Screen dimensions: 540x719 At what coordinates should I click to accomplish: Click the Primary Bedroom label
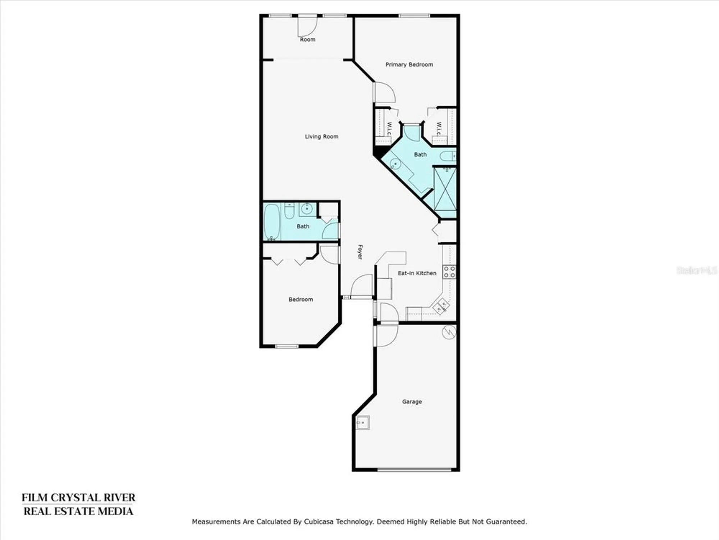[409, 64]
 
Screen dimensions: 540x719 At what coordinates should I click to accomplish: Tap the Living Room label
[321, 136]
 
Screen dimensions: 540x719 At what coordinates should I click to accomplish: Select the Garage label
[412, 401]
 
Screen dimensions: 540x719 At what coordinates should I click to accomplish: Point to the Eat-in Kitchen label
[417, 273]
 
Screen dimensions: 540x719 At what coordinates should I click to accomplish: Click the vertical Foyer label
[360, 252]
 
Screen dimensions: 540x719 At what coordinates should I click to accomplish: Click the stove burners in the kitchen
[449, 272]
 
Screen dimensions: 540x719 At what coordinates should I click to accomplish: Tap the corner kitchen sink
[441, 306]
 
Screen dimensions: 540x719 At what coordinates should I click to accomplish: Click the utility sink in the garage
[362, 422]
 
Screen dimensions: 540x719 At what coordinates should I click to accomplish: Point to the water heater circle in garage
[449, 332]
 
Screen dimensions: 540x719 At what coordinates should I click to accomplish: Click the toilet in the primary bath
[448, 156]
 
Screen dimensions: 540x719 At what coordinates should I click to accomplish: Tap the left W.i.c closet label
[389, 129]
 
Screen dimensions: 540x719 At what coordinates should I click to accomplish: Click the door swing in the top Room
[308, 27]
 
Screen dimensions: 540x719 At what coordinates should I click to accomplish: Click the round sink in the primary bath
[395, 164]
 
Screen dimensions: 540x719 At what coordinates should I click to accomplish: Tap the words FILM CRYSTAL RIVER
[78, 498]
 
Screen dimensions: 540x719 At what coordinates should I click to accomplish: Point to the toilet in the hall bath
[289, 212]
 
